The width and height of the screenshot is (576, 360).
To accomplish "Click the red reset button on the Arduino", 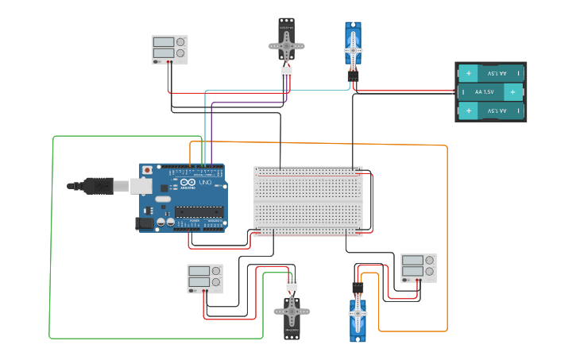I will point(147,170).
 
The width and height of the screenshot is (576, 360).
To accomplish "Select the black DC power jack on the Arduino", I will point(144,224).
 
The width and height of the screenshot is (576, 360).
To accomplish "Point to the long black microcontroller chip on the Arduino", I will point(198,211).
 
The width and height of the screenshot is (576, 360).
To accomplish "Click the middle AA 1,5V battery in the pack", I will point(491,92).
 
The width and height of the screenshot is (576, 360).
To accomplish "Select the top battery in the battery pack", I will point(491,73).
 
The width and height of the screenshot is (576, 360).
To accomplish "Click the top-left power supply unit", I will point(169,48).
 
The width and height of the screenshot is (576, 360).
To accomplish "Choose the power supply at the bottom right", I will point(418,268).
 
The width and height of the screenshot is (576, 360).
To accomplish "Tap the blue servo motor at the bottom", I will point(358,318).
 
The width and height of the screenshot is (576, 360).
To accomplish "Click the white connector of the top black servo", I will point(286,72).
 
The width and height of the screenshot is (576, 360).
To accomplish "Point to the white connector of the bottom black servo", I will point(292,285).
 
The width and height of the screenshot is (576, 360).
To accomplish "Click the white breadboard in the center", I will point(308,201).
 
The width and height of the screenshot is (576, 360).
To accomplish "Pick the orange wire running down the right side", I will point(447,238).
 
